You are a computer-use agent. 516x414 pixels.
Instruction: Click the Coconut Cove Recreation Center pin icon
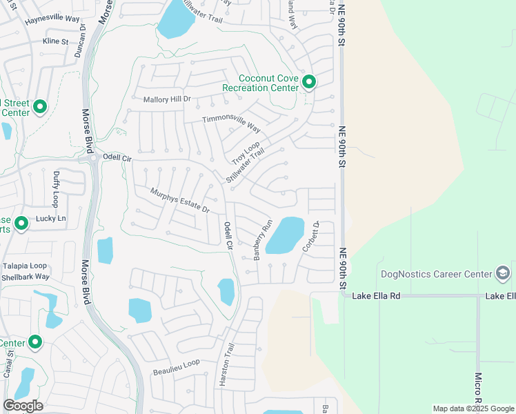[x=308, y=83]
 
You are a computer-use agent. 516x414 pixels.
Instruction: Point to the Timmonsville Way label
[x=231, y=124]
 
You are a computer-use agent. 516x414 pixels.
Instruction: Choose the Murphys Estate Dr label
[x=179, y=200]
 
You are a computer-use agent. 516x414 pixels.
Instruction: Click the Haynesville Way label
[x=52, y=20]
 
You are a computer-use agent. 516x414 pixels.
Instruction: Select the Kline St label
[x=55, y=41]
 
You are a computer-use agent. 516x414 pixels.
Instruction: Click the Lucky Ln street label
[x=51, y=219]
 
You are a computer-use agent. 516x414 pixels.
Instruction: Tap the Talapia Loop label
[x=24, y=266]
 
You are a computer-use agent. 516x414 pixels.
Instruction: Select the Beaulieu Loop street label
[x=176, y=362]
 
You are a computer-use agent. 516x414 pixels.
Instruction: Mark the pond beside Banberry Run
[x=285, y=236]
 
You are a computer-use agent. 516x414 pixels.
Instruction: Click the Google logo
[x=23, y=406]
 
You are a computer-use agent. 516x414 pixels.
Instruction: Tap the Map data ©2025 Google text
[x=473, y=408]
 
